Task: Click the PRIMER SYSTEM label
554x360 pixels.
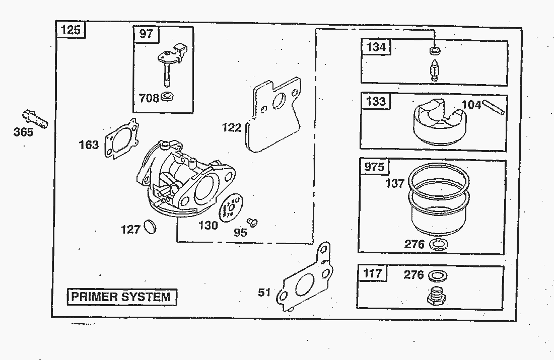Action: (x=121, y=296)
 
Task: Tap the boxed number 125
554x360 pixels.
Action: (x=71, y=30)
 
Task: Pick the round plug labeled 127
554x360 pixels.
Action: (x=150, y=227)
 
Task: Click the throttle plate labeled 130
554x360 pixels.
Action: (x=232, y=207)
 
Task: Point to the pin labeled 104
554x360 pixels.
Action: (x=494, y=108)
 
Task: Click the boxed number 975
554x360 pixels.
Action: (x=374, y=167)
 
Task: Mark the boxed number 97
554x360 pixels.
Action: (x=146, y=34)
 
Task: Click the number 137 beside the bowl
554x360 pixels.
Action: (x=395, y=183)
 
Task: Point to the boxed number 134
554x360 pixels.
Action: (x=376, y=47)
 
